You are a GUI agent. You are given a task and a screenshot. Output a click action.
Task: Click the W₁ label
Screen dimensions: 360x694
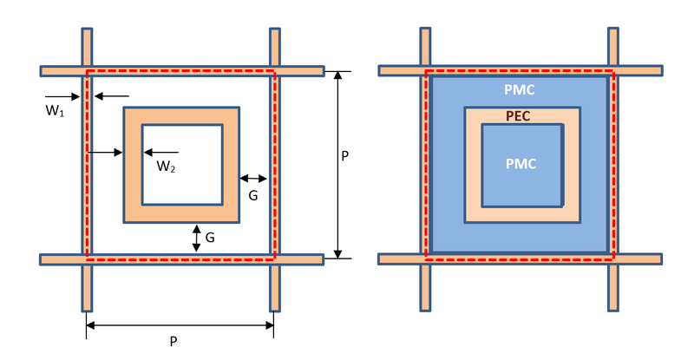56,111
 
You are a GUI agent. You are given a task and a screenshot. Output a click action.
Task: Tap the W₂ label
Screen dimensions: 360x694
166,167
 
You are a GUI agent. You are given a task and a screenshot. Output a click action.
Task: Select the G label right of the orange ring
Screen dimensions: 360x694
252,196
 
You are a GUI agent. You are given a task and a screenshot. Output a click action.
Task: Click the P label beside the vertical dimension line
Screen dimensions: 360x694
345,157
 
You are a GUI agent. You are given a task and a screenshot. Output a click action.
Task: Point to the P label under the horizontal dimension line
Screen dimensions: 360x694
173,342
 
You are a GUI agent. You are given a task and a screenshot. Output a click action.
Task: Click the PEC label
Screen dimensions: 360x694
518,115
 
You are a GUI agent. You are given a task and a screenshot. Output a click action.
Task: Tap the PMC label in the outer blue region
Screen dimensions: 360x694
520,90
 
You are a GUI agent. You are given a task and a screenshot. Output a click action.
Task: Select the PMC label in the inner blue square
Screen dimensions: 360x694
522,164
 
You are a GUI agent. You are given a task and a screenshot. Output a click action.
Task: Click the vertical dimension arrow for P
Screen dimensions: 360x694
337,165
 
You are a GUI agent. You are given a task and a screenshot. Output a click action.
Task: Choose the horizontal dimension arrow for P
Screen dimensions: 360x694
180,325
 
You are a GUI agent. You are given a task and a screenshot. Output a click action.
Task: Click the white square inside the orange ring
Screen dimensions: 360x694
182,165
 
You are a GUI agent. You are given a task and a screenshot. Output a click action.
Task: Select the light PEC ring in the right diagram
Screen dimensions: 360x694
473,165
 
